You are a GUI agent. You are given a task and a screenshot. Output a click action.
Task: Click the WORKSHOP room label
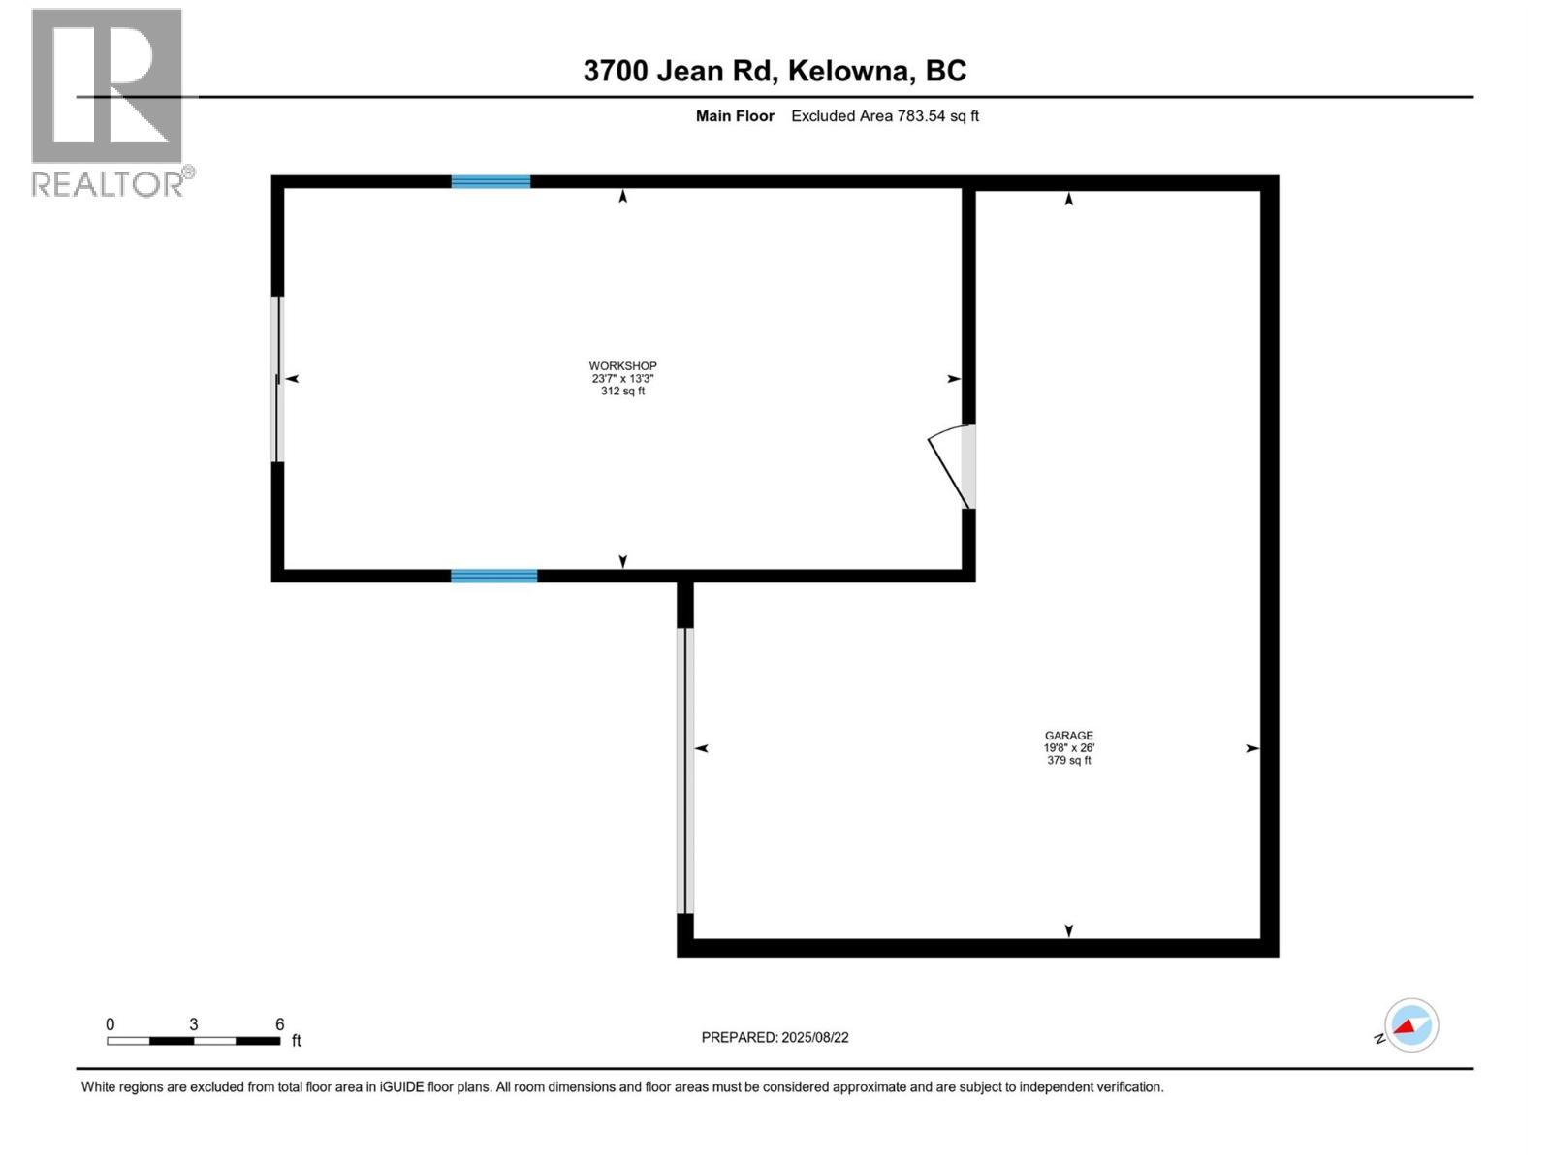[x=622, y=366]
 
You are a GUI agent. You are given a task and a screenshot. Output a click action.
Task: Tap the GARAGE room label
[x=1068, y=736]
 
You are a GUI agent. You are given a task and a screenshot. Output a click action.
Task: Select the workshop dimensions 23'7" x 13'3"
[x=622, y=379]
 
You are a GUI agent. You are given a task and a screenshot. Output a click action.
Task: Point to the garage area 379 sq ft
[x=1068, y=761]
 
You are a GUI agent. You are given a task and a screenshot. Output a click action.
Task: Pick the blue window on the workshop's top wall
[x=491, y=181]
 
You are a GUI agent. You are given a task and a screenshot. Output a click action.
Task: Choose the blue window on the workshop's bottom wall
[x=493, y=576]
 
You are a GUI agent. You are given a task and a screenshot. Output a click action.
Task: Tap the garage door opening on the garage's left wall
[x=685, y=770]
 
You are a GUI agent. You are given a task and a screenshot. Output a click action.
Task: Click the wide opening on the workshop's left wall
[x=277, y=379]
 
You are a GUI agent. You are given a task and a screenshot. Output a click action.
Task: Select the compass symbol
[x=1410, y=1025]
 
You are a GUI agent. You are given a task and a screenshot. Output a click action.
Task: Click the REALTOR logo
[x=109, y=102]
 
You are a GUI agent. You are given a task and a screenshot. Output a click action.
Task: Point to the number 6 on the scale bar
[x=280, y=1024]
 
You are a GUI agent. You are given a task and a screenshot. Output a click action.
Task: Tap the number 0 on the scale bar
[x=110, y=1024]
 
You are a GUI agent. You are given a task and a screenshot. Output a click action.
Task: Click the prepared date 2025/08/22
[x=815, y=1037]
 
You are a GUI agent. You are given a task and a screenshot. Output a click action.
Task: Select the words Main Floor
[x=735, y=116]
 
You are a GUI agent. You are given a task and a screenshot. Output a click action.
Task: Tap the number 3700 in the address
[x=616, y=71]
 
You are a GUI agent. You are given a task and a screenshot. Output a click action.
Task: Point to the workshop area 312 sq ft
[x=622, y=392]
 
